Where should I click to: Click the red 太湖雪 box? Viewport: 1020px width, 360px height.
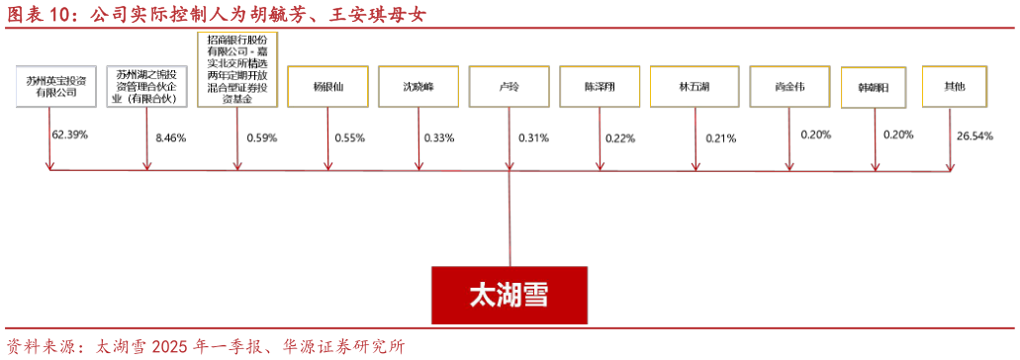(509, 295)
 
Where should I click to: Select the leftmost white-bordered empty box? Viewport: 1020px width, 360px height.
(56, 86)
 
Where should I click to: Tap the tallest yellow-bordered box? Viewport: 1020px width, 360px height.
(237, 69)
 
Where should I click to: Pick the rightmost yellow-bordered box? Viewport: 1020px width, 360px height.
(954, 86)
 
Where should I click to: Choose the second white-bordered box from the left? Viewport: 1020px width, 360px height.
(147, 86)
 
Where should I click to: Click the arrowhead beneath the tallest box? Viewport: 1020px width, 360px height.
(237, 165)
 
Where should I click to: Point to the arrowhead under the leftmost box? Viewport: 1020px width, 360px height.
(49, 165)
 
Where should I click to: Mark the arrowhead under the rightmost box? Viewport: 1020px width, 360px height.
(950, 166)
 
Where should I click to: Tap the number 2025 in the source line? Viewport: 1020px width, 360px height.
(173, 347)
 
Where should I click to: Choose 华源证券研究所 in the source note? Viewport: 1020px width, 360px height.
(343, 347)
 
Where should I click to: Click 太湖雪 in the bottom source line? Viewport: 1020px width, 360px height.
(120, 347)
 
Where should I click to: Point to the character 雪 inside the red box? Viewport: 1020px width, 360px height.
(535, 295)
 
